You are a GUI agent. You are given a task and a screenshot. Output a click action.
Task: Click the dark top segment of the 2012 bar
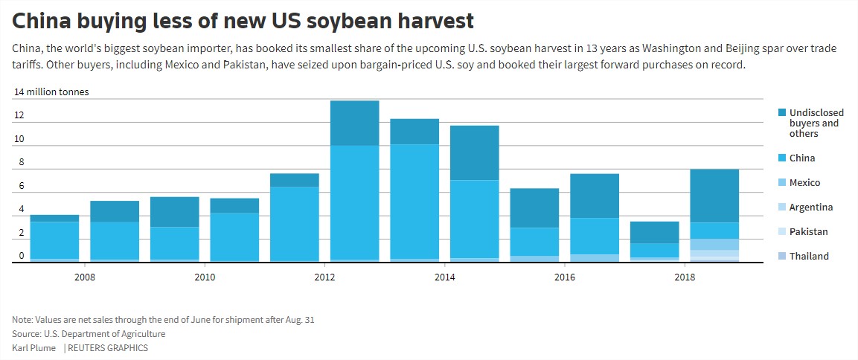coord(354,123)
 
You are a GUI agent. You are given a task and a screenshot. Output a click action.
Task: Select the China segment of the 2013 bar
coord(414,201)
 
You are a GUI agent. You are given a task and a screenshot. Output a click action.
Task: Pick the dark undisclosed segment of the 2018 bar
coord(714,196)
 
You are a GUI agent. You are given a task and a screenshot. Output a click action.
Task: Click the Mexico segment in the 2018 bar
coord(714,244)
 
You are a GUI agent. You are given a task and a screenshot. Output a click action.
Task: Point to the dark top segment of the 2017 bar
coord(654,232)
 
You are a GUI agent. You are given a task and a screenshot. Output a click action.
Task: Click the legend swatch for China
coord(781,158)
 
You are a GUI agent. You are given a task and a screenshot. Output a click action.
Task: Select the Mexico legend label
coord(804,183)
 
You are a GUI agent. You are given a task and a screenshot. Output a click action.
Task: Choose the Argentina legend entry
coord(811,208)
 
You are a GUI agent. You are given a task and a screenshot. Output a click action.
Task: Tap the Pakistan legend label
coord(808,232)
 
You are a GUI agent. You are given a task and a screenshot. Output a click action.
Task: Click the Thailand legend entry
coord(809,257)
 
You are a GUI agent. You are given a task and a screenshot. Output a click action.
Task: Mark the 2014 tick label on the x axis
coord(444,277)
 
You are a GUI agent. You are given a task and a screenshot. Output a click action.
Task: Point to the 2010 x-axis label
coord(205,277)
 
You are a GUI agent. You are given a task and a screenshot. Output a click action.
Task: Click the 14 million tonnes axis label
coord(51,92)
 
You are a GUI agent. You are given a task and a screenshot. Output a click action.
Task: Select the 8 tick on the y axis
coord(21,162)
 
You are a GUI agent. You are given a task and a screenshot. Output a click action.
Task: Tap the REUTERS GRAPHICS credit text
coord(108,348)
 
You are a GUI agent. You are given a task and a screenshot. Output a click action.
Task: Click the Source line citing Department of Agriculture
coord(89,334)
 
